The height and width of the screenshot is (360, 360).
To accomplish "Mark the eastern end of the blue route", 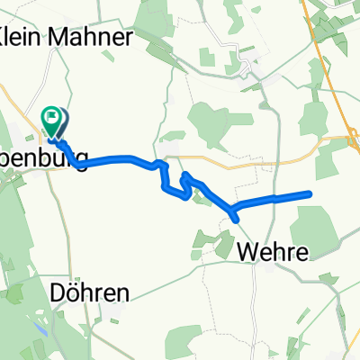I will (310, 193).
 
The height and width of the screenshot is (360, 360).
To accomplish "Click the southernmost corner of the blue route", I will (236, 219).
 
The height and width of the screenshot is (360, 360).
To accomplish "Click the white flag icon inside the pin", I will (54, 115).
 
